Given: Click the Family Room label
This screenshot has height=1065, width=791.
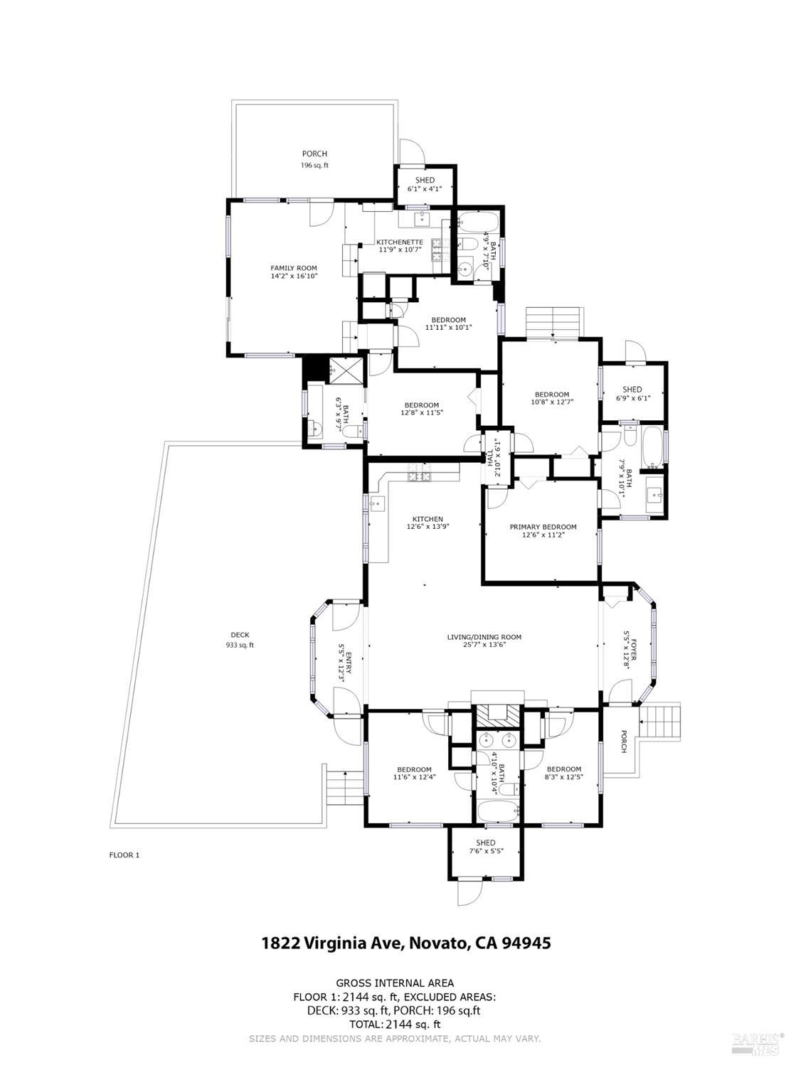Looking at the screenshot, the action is tap(294, 268).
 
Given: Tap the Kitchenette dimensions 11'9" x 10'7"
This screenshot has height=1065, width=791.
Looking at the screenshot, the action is tap(399, 250).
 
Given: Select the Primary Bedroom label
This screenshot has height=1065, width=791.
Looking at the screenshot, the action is tap(543, 527).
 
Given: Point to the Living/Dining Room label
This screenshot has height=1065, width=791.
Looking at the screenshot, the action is tap(484, 637).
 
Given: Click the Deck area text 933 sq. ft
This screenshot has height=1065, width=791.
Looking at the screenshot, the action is tap(240, 646).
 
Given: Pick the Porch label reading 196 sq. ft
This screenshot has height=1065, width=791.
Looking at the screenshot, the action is tap(315, 165).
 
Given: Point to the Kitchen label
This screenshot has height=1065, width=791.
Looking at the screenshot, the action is tap(428, 519).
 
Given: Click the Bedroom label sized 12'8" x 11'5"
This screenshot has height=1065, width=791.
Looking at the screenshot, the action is tap(421, 405).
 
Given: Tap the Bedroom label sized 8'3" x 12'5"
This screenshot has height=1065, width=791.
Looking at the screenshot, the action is tap(563, 769).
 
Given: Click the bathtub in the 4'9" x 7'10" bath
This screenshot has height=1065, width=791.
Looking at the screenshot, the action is tap(478, 223).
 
